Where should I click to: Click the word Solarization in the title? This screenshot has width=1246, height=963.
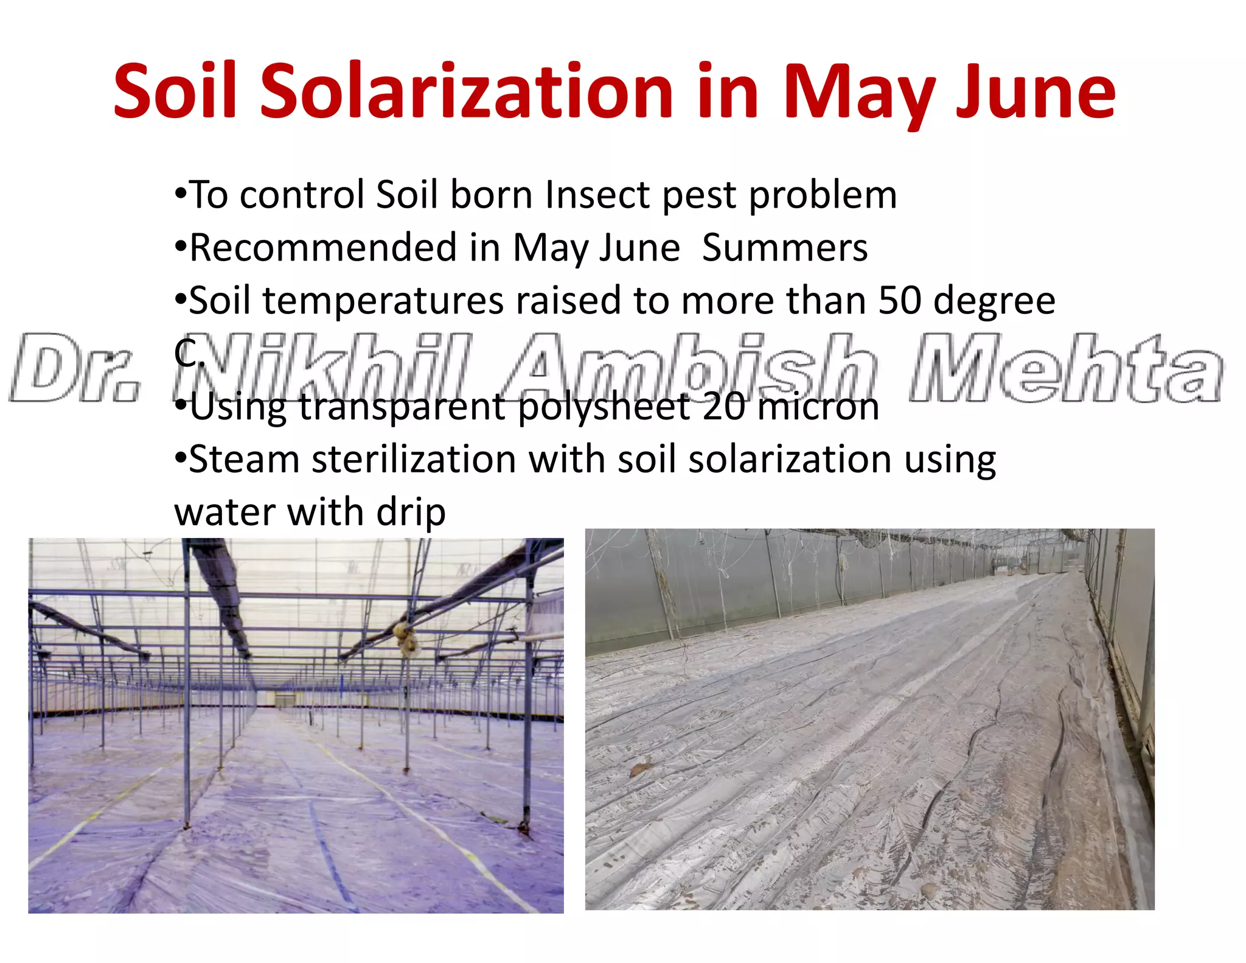point(467,91)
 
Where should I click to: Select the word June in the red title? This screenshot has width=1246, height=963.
point(1035,91)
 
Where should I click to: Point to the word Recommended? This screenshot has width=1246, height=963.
point(323,248)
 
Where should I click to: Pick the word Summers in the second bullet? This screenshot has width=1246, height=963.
point(785,248)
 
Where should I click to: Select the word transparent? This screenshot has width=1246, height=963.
point(401,407)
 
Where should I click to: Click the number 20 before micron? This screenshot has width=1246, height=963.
point(723,407)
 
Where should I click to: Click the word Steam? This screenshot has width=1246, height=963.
point(244,459)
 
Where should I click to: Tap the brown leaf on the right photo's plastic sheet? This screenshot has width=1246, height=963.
point(641,769)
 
